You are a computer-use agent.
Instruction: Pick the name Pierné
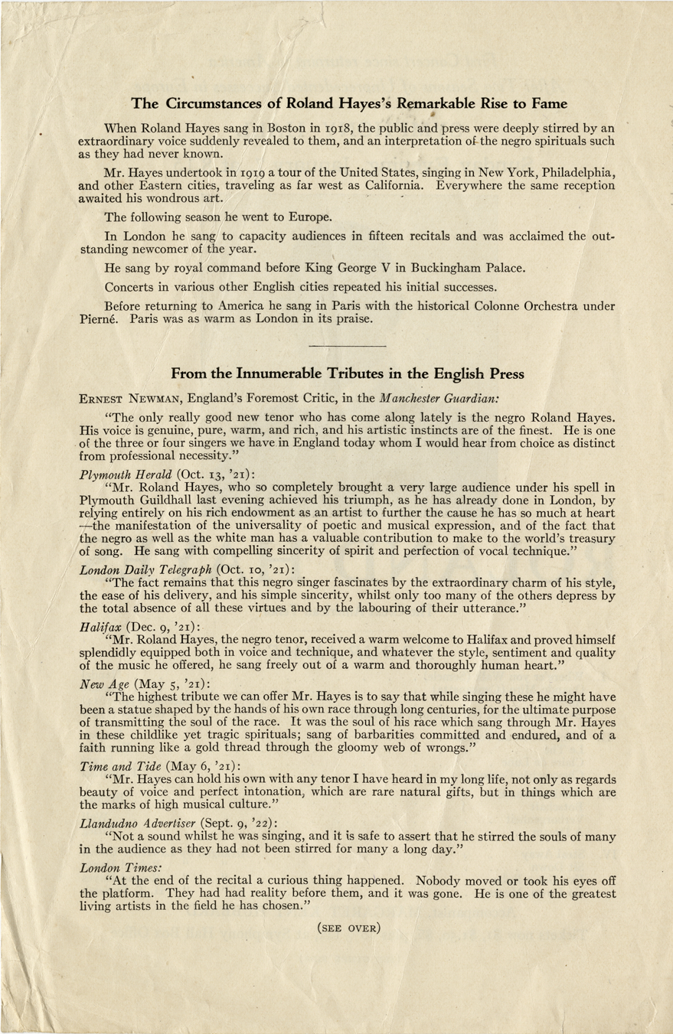[99, 319]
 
